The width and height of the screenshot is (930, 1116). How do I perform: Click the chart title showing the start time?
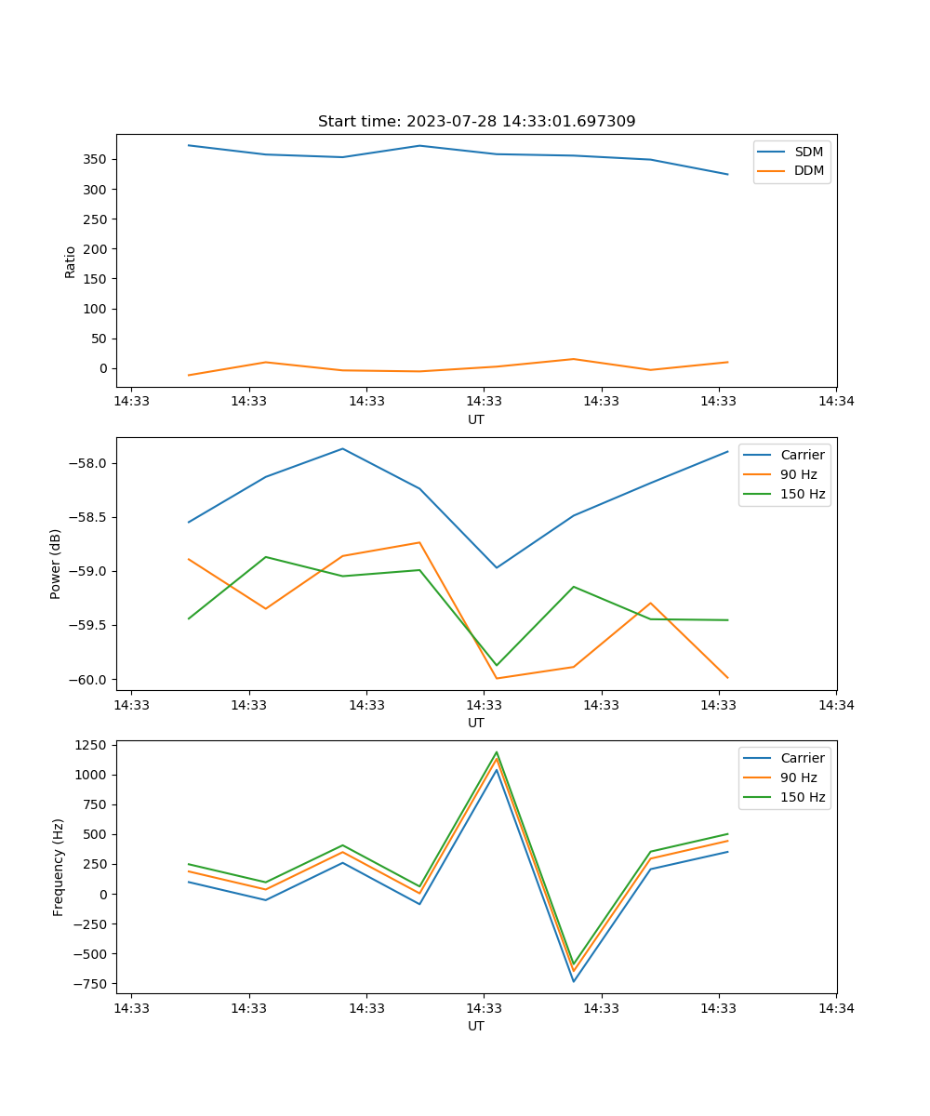pyautogui.click(x=476, y=122)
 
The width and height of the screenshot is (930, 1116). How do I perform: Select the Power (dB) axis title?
pyautogui.click(x=56, y=564)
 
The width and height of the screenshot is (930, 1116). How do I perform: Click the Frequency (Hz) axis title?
pyautogui.click(x=58, y=867)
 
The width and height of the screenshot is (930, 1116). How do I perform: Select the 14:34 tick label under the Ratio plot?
pyautogui.click(x=836, y=401)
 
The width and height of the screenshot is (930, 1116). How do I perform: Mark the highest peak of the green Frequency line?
pyautogui.click(x=497, y=752)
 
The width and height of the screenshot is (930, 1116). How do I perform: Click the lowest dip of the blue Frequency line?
pyautogui.click(x=574, y=981)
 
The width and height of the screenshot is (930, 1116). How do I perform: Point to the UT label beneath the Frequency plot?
pyautogui.click(x=476, y=1026)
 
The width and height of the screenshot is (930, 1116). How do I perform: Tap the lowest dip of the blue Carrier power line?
pyautogui.click(x=497, y=567)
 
